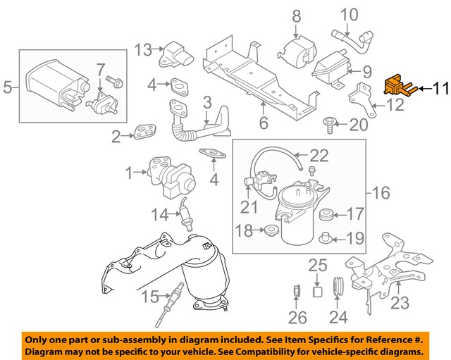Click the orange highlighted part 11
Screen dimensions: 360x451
click(x=395, y=88)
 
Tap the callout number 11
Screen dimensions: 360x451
click(x=440, y=89)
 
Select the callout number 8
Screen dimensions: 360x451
click(x=296, y=15)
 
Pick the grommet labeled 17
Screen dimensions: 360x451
click(x=327, y=213)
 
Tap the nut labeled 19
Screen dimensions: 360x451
click(x=326, y=237)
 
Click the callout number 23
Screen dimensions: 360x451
click(x=399, y=305)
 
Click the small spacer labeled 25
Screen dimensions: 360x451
click(x=317, y=290)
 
